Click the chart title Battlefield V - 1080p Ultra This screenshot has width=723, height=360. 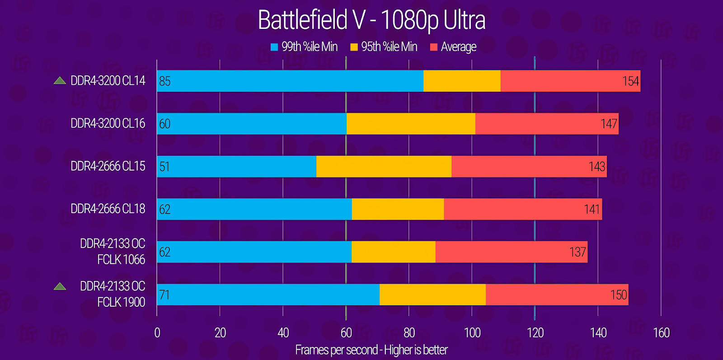pos(371,20)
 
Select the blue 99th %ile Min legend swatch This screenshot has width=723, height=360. pos(274,47)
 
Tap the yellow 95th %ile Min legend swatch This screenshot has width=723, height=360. pos(354,47)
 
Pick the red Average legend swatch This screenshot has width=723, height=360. pos(434,47)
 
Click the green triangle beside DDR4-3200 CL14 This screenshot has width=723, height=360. pos(60,81)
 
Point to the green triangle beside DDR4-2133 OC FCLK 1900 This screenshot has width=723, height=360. pos(60,286)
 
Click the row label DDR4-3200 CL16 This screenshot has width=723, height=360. pos(108,123)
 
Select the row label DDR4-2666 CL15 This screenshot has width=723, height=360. pos(108,166)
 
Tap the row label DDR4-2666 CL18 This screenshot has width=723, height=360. pos(108,209)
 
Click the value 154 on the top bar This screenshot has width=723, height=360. pos(630,81)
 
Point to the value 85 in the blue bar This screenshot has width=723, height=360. pos(165,81)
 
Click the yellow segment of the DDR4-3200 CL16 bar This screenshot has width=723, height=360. pos(411,124)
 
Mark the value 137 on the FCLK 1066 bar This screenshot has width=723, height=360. pos(577,252)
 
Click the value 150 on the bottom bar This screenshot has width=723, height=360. pos(619,295)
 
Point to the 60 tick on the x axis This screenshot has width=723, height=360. pos(346,333)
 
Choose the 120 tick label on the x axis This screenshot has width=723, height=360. pos(535,333)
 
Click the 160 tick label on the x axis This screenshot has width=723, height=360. pos(661,333)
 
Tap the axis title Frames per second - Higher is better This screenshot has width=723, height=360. pos(371,350)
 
